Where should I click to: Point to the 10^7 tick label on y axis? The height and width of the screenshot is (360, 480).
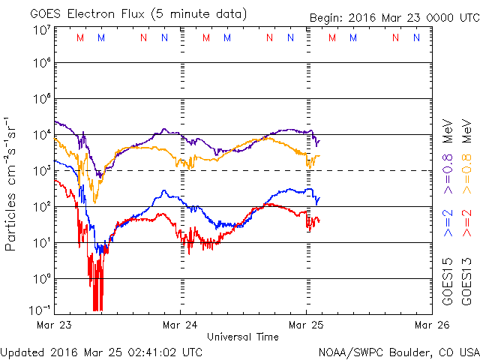[41, 30]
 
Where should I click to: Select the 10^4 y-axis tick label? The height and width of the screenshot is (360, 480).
[41, 135]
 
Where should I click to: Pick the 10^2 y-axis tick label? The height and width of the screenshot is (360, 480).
[41, 207]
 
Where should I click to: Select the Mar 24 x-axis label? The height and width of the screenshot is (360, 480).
[180, 325]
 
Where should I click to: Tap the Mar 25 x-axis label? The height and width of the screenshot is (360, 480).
[306, 325]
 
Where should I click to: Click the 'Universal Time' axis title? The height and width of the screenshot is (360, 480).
[243, 337]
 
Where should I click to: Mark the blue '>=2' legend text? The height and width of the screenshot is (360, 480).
[447, 223]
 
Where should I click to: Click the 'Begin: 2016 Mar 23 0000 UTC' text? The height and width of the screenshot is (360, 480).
[393, 17]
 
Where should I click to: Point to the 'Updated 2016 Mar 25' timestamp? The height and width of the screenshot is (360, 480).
[101, 351]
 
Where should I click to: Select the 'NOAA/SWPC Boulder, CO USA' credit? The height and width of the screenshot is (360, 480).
[398, 351]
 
